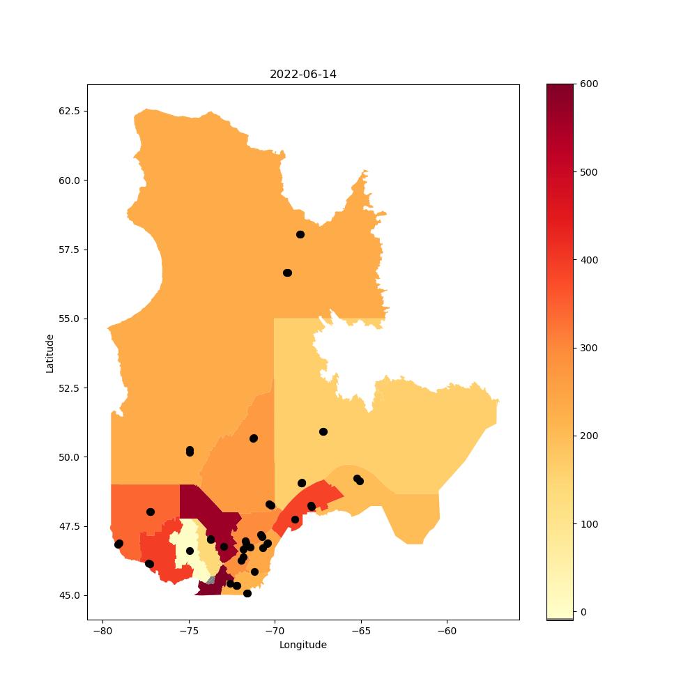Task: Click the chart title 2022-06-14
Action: pyautogui.click(x=302, y=75)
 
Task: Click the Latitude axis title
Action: pyautogui.click(x=49, y=354)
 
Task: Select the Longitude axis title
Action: pyautogui.click(x=302, y=645)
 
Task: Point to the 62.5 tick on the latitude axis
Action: pyautogui.click(x=69, y=111)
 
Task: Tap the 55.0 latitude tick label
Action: pyautogui.click(x=69, y=319)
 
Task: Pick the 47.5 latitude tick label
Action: pyautogui.click(x=69, y=526)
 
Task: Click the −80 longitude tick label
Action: pyautogui.click(x=102, y=631)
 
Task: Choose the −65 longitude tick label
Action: pyautogui.click(x=361, y=631)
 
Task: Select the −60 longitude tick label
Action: pyautogui.click(x=447, y=631)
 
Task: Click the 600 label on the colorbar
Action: pyautogui.click(x=589, y=84)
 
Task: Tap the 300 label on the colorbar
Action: pyautogui.click(x=589, y=348)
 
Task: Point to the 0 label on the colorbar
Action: pyautogui.click(x=583, y=612)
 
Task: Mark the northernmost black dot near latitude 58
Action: pyautogui.click(x=300, y=235)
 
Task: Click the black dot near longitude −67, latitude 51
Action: pyautogui.click(x=323, y=432)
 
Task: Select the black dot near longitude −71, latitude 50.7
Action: pyautogui.click(x=254, y=438)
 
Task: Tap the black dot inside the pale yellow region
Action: pyautogui.click(x=190, y=551)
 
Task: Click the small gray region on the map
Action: pyautogui.click(x=211, y=580)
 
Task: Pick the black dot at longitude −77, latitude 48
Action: pyautogui.click(x=151, y=512)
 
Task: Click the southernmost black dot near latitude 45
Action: pyautogui.click(x=247, y=593)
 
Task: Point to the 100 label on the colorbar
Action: pyautogui.click(x=589, y=524)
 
